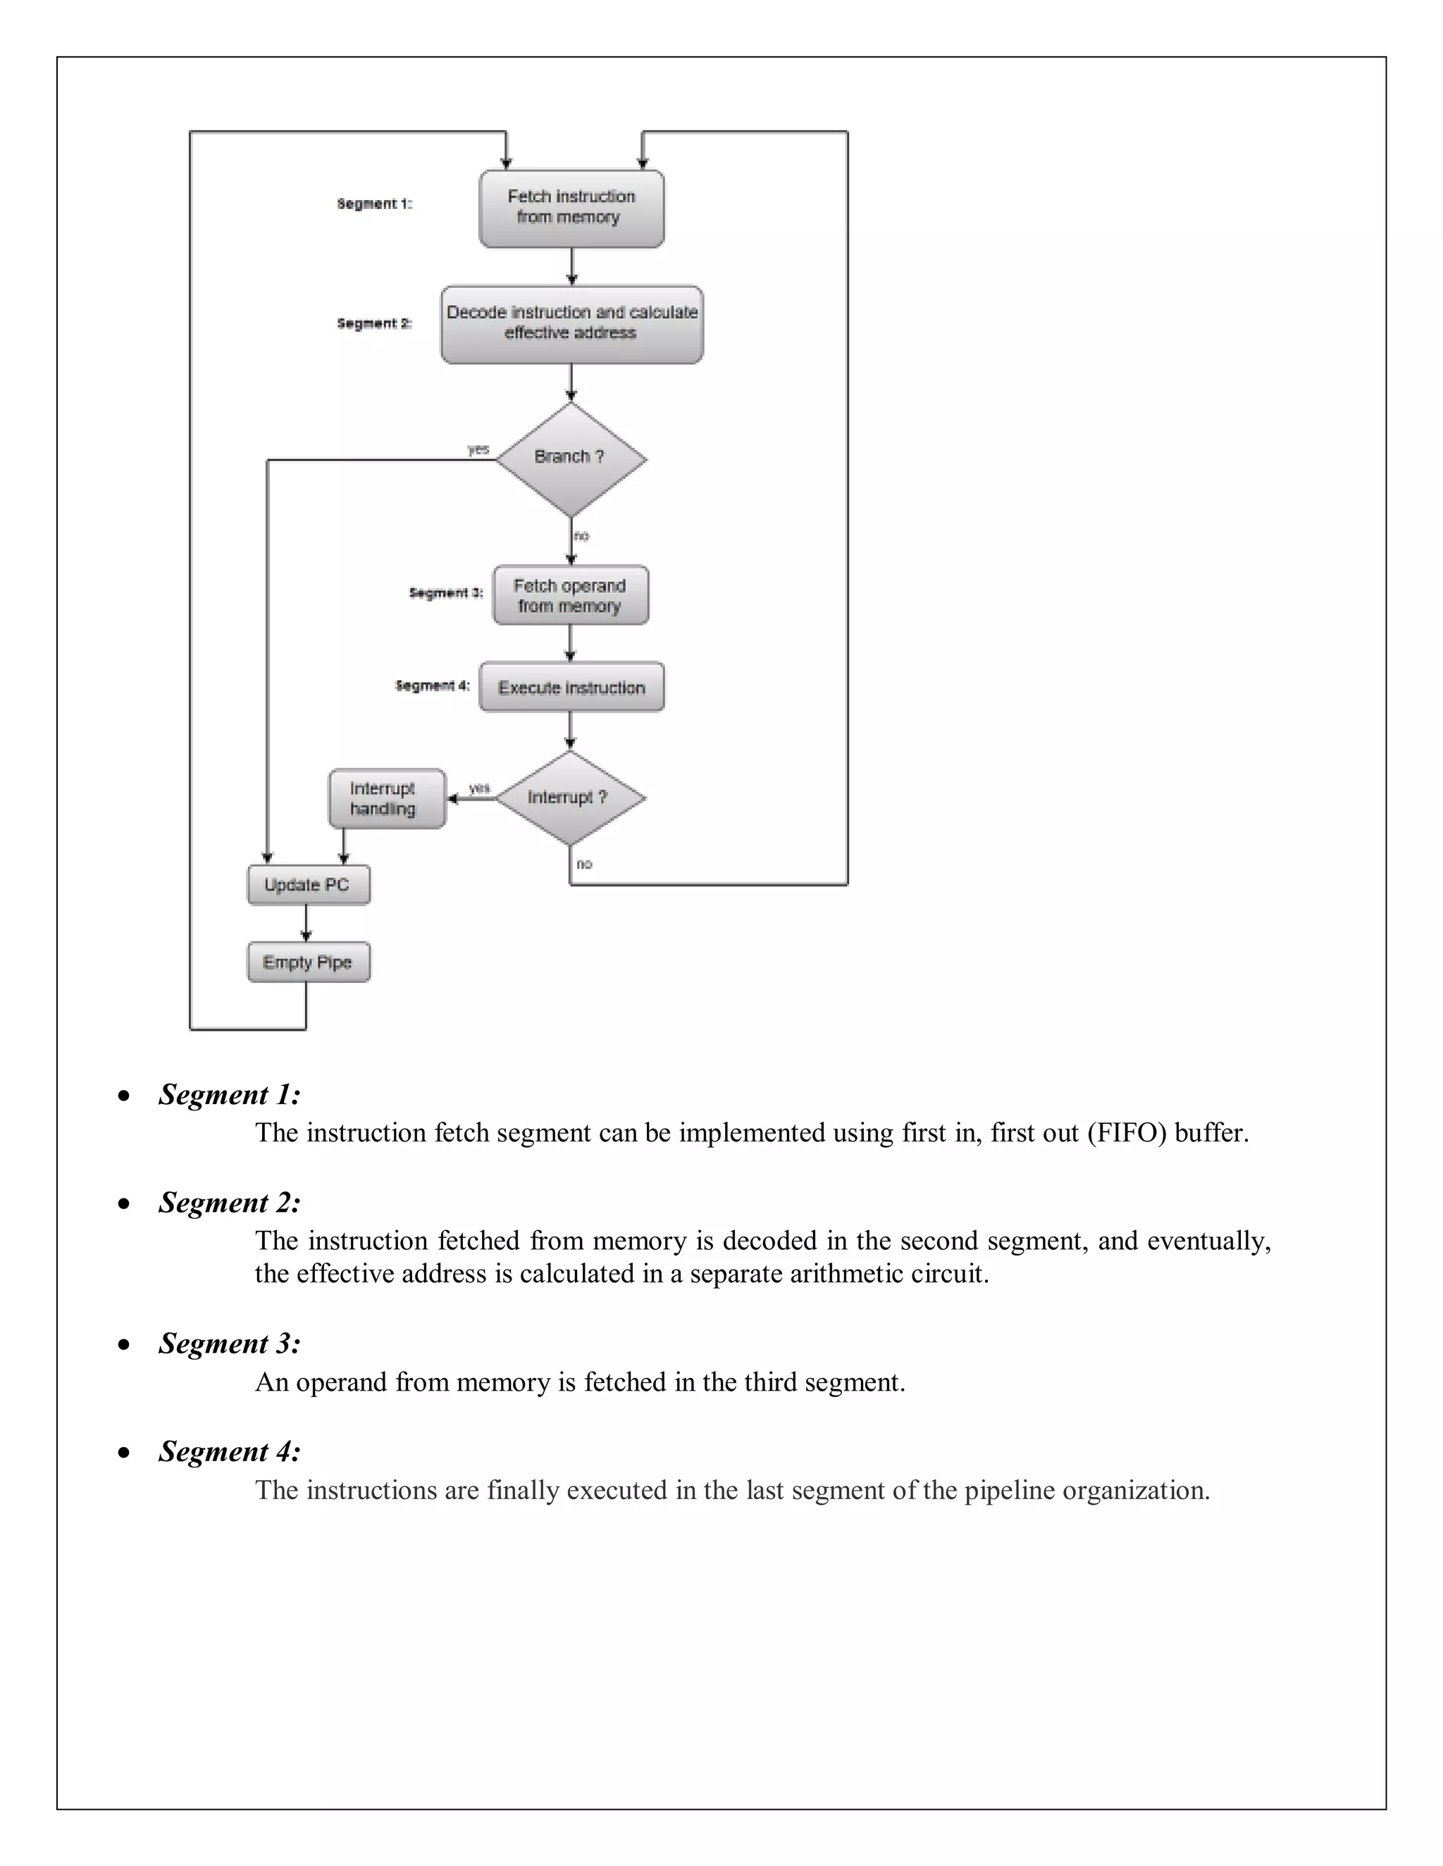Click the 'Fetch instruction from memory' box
point(571,208)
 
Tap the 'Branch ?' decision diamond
point(570,459)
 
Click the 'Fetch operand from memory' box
point(570,596)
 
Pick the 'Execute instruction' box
point(571,688)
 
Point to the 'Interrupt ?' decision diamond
point(569,798)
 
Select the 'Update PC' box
point(308,885)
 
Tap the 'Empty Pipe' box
point(308,963)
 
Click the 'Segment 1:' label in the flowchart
point(374,204)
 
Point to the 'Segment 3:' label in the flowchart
point(446,593)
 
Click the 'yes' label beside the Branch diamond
point(478,449)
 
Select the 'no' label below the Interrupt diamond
point(584,865)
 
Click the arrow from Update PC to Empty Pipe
point(306,924)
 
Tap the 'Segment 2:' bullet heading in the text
point(229,1203)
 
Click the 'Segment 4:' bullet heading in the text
point(229,1453)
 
